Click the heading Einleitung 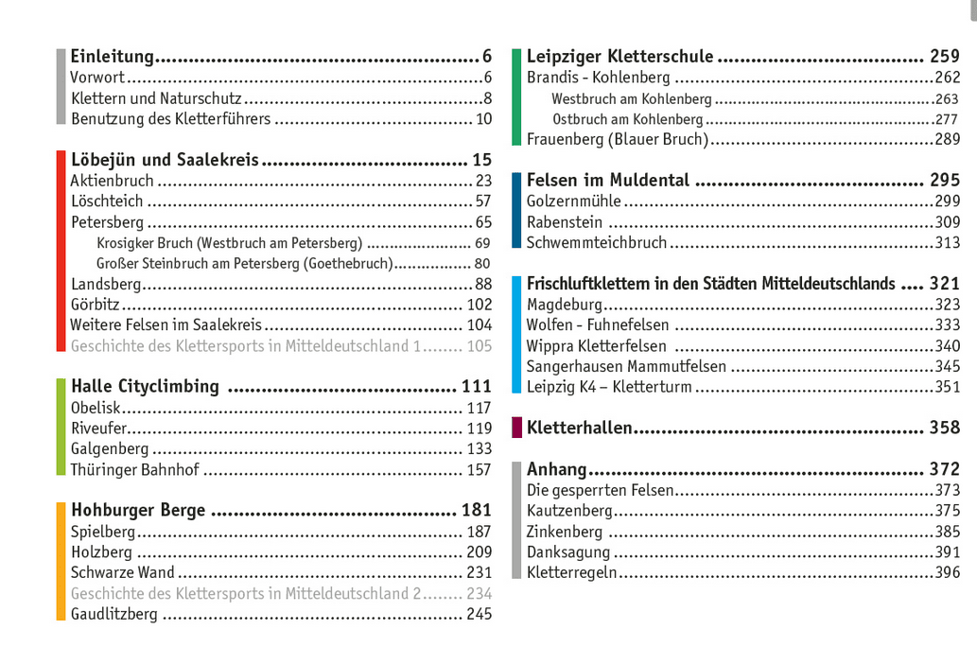(113, 57)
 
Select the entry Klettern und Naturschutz (156, 98)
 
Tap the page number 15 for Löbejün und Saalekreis (481, 160)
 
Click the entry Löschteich (107, 201)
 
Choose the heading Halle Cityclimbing (145, 386)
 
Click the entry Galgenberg (110, 449)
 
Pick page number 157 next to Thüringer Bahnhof (479, 470)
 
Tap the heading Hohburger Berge (138, 510)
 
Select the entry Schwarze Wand (123, 572)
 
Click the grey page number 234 (479, 593)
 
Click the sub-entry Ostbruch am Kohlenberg (628, 119)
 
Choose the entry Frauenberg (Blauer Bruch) (618, 139)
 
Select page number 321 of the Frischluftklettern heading (944, 284)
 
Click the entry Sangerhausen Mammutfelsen (626, 366)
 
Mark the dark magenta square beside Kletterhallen (516, 428)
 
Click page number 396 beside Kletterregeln (947, 572)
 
